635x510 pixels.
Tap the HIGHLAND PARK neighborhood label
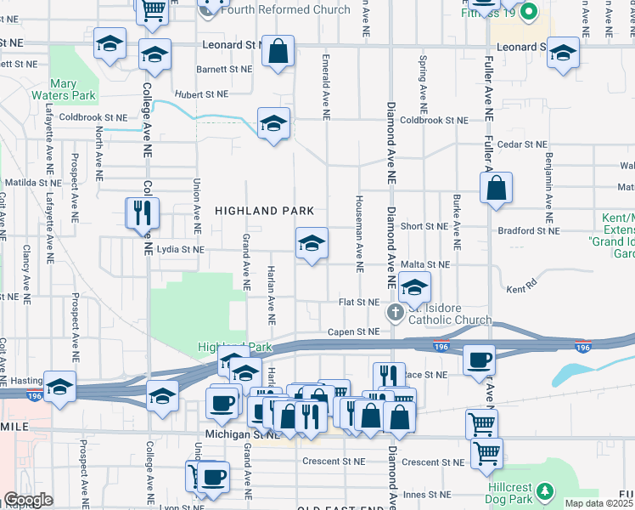(x=264, y=210)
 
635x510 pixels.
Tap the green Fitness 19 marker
(x=529, y=12)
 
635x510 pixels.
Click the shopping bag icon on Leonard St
(x=278, y=52)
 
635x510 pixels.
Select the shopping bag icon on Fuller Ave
(x=497, y=188)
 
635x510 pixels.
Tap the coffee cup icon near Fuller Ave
(x=480, y=359)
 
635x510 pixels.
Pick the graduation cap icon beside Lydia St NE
(x=312, y=244)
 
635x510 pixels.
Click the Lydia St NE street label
(x=181, y=250)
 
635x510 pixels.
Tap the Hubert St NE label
(x=201, y=94)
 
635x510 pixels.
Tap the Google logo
(x=27, y=501)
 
